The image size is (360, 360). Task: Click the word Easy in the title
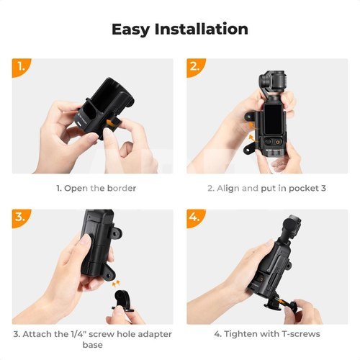(x=131, y=30)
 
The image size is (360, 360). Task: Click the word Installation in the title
(x=201, y=29)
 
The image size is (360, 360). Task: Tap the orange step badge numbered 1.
(x=20, y=67)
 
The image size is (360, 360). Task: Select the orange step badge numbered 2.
(x=195, y=67)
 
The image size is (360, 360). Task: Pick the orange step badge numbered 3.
(x=20, y=217)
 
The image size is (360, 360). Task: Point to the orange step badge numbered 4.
(x=195, y=217)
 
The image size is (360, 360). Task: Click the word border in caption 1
(x=122, y=188)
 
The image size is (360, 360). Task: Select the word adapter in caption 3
(x=155, y=334)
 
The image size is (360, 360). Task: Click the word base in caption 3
(x=93, y=345)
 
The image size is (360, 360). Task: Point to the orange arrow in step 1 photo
(x=111, y=123)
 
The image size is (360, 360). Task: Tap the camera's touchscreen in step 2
(x=273, y=120)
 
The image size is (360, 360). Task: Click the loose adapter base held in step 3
(x=122, y=301)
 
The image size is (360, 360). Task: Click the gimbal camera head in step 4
(x=292, y=225)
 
